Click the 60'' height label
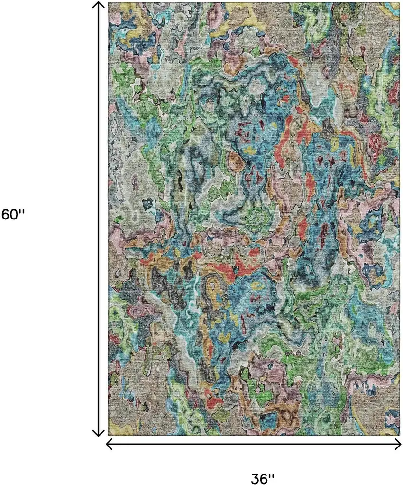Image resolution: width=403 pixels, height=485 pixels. coord(13,215)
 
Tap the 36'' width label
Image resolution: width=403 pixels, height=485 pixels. coord(264,476)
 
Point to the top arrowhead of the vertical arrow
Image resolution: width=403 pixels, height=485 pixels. coord(98,5)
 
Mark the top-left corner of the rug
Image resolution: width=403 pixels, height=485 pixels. coord(109,2)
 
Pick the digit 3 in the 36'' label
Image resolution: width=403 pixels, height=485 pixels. coord(256,476)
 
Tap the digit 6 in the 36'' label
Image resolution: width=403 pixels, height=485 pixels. coord(266,476)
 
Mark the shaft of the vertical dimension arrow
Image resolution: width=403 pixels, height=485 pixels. coord(98,143)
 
